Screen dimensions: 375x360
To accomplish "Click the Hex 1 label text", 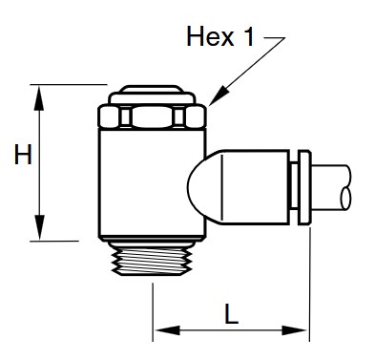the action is [x=220, y=36].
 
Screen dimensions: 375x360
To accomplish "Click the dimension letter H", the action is [x=23, y=155].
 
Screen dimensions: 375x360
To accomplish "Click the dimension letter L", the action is [x=231, y=314].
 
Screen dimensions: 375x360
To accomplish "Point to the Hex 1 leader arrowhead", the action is [x=219, y=95].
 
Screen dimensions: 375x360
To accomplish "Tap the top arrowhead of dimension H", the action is [x=39, y=97].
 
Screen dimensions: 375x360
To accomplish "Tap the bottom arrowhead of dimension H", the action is [x=39, y=227].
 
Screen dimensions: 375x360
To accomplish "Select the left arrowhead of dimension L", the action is [x=167, y=330].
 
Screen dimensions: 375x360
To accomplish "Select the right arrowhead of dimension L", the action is [x=296, y=330].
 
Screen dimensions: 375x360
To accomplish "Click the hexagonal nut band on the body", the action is [x=152, y=116].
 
